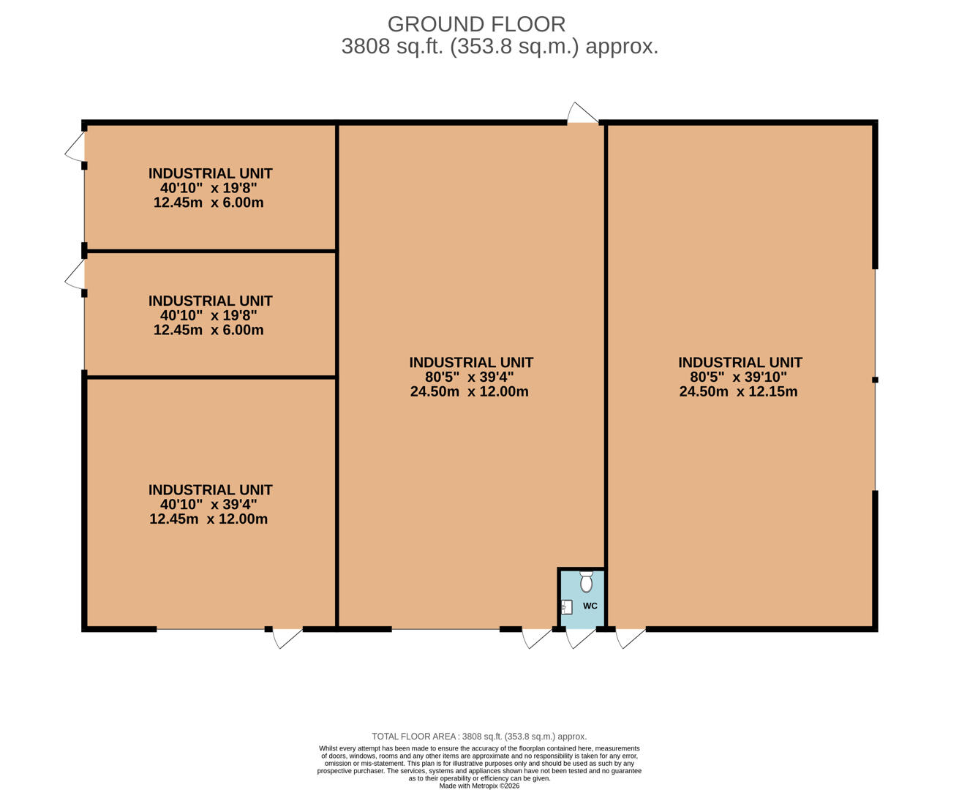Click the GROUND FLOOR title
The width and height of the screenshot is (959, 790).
pyautogui.click(x=476, y=24)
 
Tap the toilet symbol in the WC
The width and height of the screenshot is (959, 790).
pyautogui.click(x=586, y=582)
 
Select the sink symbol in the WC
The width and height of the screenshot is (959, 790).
pyautogui.click(x=566, y=607)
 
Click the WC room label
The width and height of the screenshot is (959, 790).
pyautogui.click(x=590, y=606)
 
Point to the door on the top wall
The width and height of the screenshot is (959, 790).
pyautogui.click(x=582, y=114)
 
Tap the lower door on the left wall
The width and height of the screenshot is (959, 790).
pyautogui.click(x=75, y=275)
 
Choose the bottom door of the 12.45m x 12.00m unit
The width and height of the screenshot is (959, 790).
pyautogui.click(x=287, y=637)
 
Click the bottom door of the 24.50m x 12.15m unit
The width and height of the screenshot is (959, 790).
pyautogui.click(x=630, y=637)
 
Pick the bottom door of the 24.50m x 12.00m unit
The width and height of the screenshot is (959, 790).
pyautogui.click(x=536, y=637)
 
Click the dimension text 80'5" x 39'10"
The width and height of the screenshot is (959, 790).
pyautogui.click(x=739, y=377)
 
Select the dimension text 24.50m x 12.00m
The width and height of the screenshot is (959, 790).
pyautogui.click(x=469, y=391)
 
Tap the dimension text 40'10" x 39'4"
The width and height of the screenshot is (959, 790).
pyautogui.click(x=208, y=505)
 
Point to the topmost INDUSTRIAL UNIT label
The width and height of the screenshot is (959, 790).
pyautogui.click(x=210, y=173)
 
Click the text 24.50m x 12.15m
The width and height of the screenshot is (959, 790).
pyautogui.click(x=738, y=391)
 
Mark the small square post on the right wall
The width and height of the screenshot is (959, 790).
pyautogui.click(x=875, y=380)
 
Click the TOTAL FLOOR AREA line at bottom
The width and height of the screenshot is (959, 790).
pyautogui.click(x=479, y=737)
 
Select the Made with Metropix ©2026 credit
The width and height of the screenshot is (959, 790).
pyautogui.click(x=479, y=786)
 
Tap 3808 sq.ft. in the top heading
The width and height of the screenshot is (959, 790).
pyautogui.click(x=392, y=47)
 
